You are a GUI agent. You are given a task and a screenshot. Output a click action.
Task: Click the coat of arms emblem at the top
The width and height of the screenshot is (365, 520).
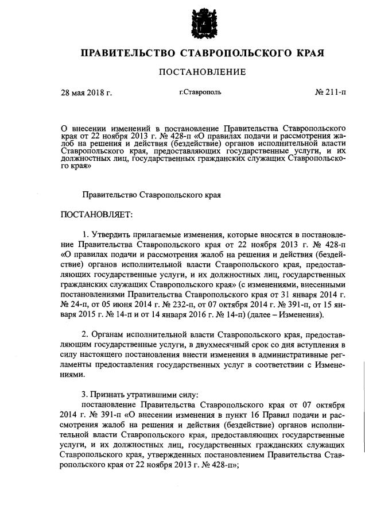pos(202,23)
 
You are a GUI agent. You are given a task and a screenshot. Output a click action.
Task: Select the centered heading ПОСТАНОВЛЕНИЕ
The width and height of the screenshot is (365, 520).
pos(202,72)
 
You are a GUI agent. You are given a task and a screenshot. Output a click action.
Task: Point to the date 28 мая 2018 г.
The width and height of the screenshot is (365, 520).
pos(87,92)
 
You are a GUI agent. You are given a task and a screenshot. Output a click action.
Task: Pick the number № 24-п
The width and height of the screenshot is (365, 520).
pos(73,305)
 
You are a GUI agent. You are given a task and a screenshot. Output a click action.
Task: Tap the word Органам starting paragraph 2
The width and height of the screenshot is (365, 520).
pos(112,334)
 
